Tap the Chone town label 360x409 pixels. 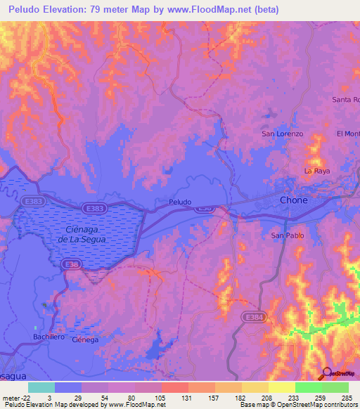pos(293,200)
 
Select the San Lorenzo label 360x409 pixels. pos(282,134)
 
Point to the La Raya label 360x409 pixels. pos(316,171)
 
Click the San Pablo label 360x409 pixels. pos(288,235)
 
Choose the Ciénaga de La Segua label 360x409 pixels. pos(83,235)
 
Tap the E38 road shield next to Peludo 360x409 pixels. pos(205,209)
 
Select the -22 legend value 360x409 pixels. pos(13,397)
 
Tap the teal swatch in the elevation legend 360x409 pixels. pos(41,387)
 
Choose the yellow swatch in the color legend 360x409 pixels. pos(282,387)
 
